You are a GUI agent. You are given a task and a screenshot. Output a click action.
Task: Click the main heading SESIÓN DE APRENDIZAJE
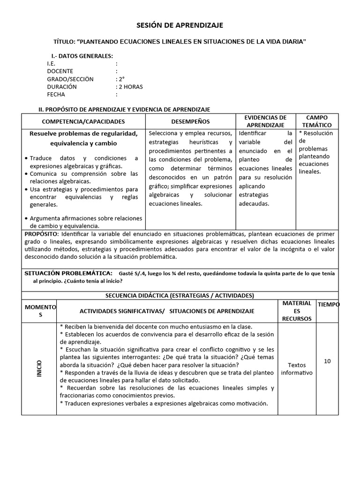pyautogui.click(x=180, y=25)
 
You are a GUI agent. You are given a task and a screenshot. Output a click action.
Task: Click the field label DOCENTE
pyautogui.click(x=60, y=71)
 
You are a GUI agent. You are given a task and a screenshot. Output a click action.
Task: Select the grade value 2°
pyautogui.click(x=121, y=79)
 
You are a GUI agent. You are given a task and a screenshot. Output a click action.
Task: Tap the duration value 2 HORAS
pyautogui.click(x=130, y=87)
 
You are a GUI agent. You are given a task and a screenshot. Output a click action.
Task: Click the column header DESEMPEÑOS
pyautogui.click(x=190, y=121)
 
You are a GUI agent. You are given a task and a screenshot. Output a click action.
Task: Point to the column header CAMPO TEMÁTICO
pyautogui.click(x=317, y=121)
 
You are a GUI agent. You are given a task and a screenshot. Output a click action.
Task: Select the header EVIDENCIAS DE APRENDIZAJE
pyautogui.click(x=266, y=121)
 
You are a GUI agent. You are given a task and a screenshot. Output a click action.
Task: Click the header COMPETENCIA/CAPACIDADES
pyautogui.click(x=83, y=121)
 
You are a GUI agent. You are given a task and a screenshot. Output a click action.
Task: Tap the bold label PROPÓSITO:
pyautogui.click(x=41, y=233)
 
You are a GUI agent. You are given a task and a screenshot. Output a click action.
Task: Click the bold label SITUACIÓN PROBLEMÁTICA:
pyautogui.click(x=67, y=273)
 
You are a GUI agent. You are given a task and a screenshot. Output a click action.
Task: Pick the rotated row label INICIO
pyautogui.click(x=39, y=369)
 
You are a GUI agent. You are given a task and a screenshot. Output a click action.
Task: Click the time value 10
pyautogui.click(x=327, y=361)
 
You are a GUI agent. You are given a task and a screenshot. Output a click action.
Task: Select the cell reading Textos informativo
pyautogui.click(x=297, y=368)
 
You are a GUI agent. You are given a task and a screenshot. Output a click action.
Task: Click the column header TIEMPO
pyautogui.click(x=328, y=305)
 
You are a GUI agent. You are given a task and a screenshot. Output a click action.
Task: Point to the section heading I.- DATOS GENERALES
pyautogui.click(x=82, y=56)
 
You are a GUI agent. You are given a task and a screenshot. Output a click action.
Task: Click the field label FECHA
pyautogui.click(x=56, y=94)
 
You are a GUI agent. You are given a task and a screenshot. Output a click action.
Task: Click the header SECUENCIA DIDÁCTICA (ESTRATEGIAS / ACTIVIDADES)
pyautogui.click(x=180, y=295)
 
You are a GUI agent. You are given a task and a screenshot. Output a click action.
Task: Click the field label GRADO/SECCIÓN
pyautogui.click(x=70, y=79)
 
